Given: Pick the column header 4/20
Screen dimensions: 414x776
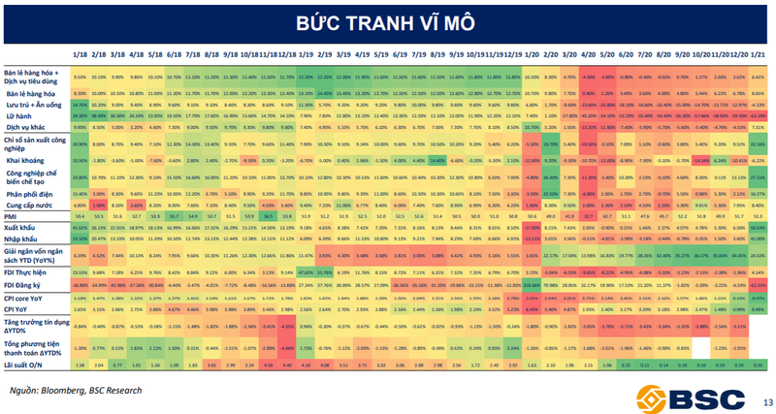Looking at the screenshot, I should (588, 57).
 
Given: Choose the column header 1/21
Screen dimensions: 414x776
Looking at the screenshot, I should (758, 57).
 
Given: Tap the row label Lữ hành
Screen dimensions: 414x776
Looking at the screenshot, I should (17, 114).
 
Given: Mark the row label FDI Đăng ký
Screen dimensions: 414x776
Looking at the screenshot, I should (26, 285).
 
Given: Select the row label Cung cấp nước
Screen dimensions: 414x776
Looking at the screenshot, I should (29, 205).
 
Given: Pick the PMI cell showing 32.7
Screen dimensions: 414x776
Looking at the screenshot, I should (588, 216).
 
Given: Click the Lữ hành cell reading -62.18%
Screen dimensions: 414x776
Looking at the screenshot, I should (758, 114).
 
